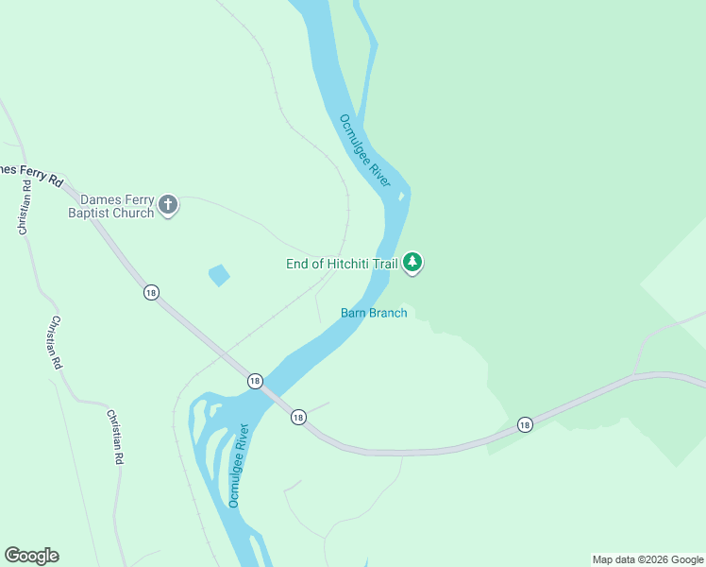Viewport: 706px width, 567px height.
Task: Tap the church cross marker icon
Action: [x=168, y=205]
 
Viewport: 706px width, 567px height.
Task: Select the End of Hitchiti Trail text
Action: [x=342, y=264]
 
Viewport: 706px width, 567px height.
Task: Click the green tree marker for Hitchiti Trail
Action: [x=412, y=262]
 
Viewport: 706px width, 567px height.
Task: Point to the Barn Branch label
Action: [x=374, y=313]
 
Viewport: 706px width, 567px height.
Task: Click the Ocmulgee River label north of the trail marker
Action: [x=365, y=150]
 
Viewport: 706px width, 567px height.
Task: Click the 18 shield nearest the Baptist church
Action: [x=151, y=292]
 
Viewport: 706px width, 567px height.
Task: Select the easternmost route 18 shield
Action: [x=525, y=425]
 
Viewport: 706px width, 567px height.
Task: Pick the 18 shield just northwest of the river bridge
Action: [x=255, y=380]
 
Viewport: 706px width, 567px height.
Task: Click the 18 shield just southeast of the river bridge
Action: [x=298, y=417]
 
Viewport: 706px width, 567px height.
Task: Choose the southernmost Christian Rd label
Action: [x=115, y=437]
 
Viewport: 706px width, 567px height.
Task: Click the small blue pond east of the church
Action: [x=218, y=275]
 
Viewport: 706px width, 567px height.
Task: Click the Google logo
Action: [x=31, y=556]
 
